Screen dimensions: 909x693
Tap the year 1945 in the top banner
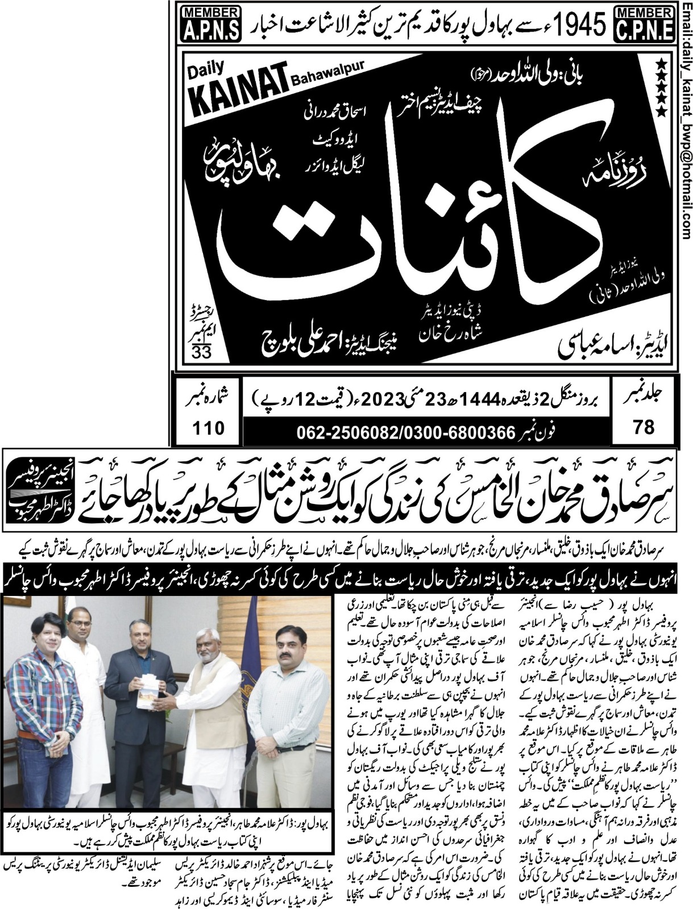pos(575,24)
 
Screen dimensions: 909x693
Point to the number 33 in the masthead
pos(201,352)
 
